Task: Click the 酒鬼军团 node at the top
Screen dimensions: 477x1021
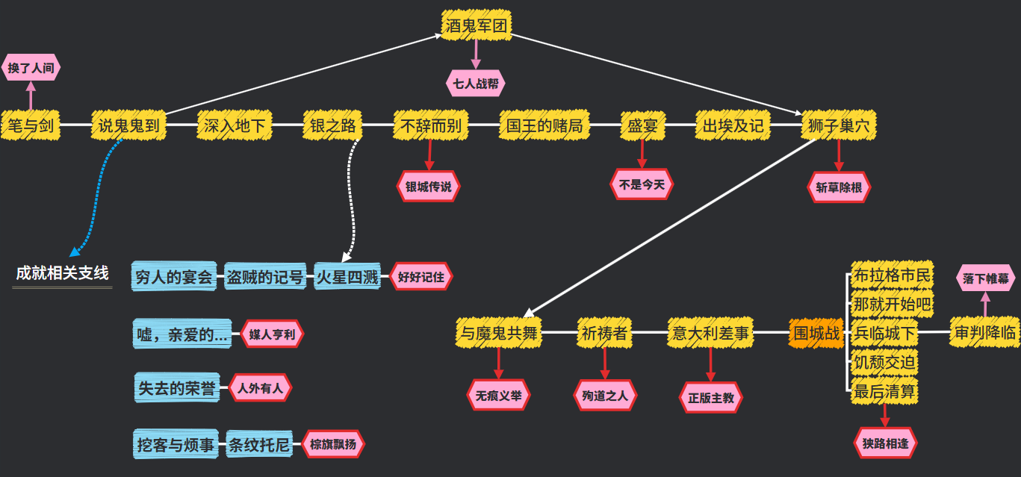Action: [476, 26]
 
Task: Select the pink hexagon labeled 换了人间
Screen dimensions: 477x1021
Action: [31, 67]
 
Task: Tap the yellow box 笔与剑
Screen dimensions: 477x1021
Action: [31, 125]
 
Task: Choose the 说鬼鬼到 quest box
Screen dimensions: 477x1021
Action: [128, 125]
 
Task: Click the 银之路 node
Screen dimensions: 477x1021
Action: [332, 125]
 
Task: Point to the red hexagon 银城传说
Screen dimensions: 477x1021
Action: [429, 187]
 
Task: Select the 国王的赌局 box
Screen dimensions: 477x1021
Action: [544, 125]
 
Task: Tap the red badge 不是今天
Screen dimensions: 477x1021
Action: [642, 184]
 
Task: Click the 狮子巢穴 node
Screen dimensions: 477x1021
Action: [838, 125]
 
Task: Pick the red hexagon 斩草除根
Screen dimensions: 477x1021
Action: [839, 187]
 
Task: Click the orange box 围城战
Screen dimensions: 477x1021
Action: [816, 333]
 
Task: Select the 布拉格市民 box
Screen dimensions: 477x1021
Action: [893, 275]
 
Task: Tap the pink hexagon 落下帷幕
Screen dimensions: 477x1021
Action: [985, 278]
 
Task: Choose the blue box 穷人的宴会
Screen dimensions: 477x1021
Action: [175, 278]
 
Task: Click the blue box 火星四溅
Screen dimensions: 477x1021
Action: [347, 278]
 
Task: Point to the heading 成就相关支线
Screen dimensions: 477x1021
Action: [63, 273]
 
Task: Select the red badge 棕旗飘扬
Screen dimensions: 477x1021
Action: [333, 445]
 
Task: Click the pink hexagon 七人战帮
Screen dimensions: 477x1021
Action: [476, 84]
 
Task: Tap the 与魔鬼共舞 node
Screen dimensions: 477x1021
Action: [498, 334]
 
